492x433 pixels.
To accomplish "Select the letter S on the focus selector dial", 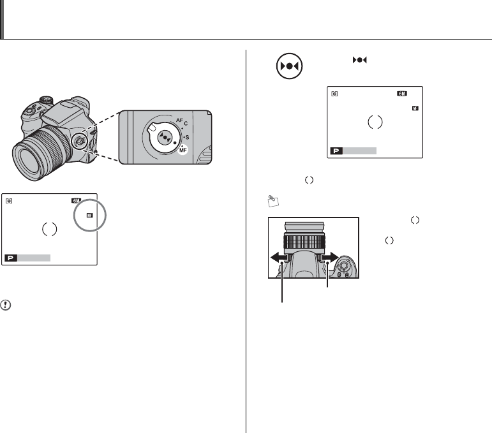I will [187, 136].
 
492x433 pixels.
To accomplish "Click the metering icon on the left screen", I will [9, 200].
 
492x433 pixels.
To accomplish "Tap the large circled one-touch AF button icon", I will [288, 66].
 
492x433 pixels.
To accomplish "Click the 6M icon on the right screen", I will [401, 93].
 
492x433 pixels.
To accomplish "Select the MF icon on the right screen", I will [415, 108].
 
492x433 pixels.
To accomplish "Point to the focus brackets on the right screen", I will [375, 122].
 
